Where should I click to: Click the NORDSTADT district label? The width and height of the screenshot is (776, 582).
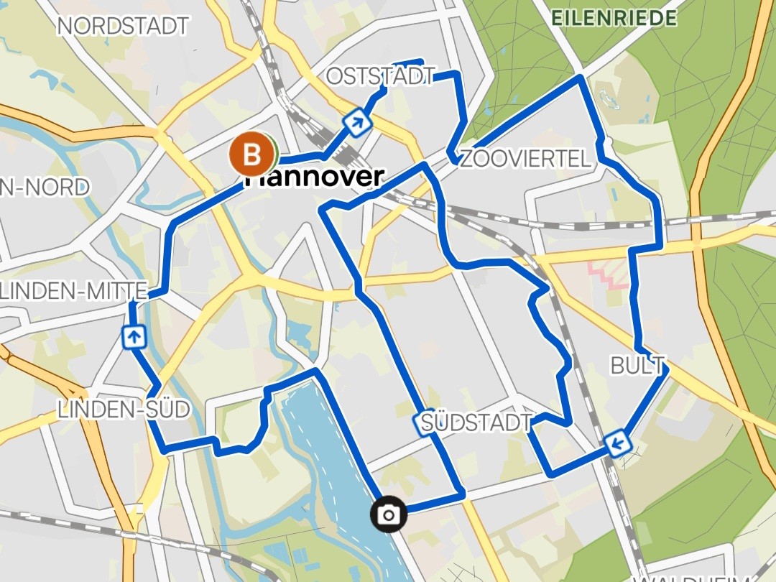pos(123,27)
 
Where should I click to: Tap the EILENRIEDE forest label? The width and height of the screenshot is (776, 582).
pos(614,18)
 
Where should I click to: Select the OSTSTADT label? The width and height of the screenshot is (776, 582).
pos(381,76)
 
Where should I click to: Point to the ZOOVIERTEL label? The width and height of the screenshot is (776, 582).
pos(525,158)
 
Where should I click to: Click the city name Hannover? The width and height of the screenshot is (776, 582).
pos(314,177)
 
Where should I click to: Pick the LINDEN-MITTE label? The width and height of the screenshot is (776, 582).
pos(74,291)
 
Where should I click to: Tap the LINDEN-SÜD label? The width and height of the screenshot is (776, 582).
pos(124,410)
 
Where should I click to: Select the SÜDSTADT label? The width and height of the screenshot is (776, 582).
pos(477,422)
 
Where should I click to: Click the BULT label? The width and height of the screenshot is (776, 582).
pos(637,366)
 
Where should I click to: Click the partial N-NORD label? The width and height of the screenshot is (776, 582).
pos(45,188)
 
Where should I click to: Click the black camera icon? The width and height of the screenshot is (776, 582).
pos(389,514)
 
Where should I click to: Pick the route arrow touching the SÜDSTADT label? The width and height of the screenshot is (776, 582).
pos(423,424)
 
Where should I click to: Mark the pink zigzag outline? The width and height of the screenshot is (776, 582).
pos(607,276)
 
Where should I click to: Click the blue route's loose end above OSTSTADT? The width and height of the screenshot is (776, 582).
pos(421,62)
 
